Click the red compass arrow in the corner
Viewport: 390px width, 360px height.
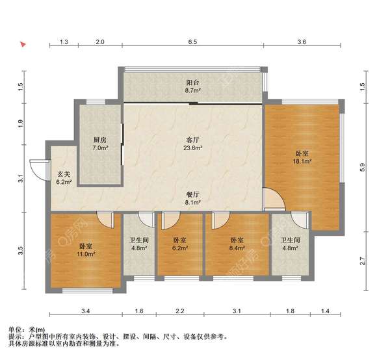[23, 45]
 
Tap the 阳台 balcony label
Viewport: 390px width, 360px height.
[192, 83]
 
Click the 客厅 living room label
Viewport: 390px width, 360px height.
[192, 139]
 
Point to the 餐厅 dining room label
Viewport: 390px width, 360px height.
[192, 194]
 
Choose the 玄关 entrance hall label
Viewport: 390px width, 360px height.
[63, 174]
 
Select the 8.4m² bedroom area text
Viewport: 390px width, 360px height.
[236, 248]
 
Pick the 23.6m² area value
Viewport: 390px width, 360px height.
[192, 148]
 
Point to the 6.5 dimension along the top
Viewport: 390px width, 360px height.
[192, 42]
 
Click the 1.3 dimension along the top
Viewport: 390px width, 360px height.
[64, 42]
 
